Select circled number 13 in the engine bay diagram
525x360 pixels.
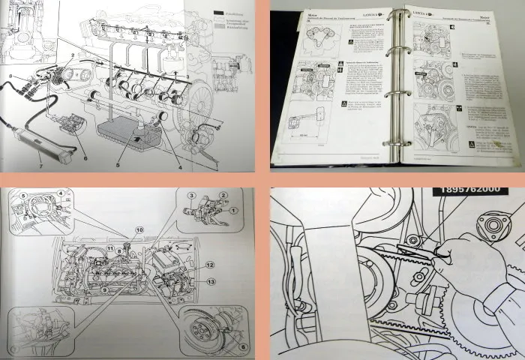211,281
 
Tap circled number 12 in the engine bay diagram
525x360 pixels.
211,265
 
